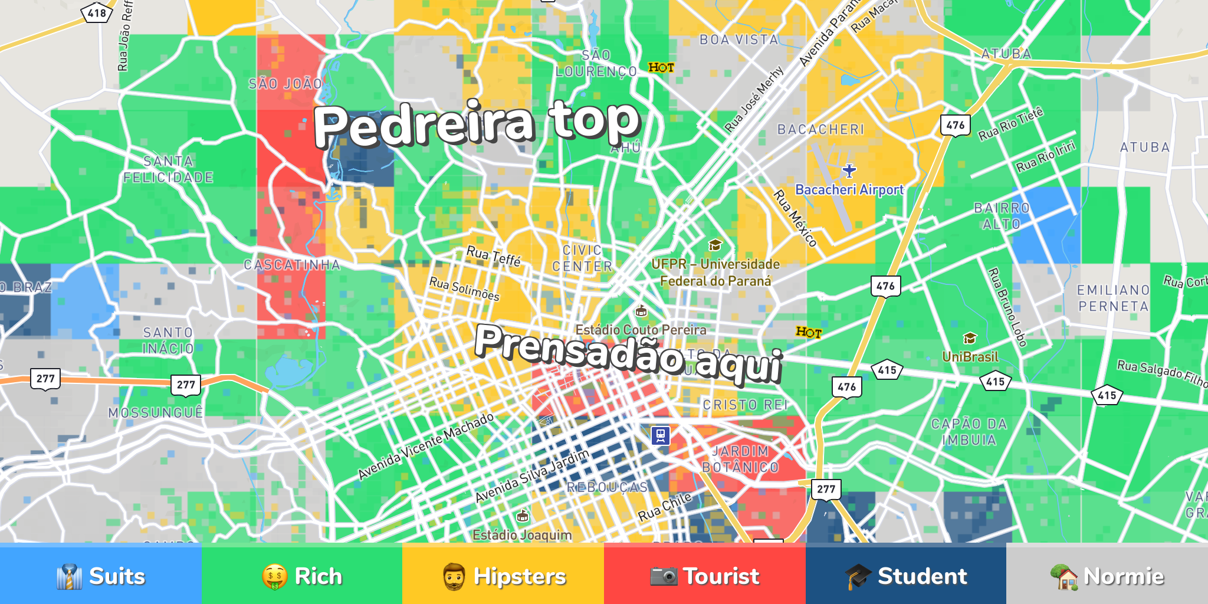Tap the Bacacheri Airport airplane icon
pos(849,171)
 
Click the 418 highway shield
pos(97,13)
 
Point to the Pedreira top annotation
pos(477,123)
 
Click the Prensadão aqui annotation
pos(629,353)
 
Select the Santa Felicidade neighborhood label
pos(168,169)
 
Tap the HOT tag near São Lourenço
pos(661,68)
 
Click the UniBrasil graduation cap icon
pos(970,339)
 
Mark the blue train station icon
pos(661,436)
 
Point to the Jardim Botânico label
pos(740,459)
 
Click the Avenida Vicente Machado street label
pos(426,446)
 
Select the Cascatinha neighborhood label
pos(292,265)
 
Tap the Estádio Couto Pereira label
pos(641,330)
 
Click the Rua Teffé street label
pos(494,256)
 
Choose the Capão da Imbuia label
pos(969,432)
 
